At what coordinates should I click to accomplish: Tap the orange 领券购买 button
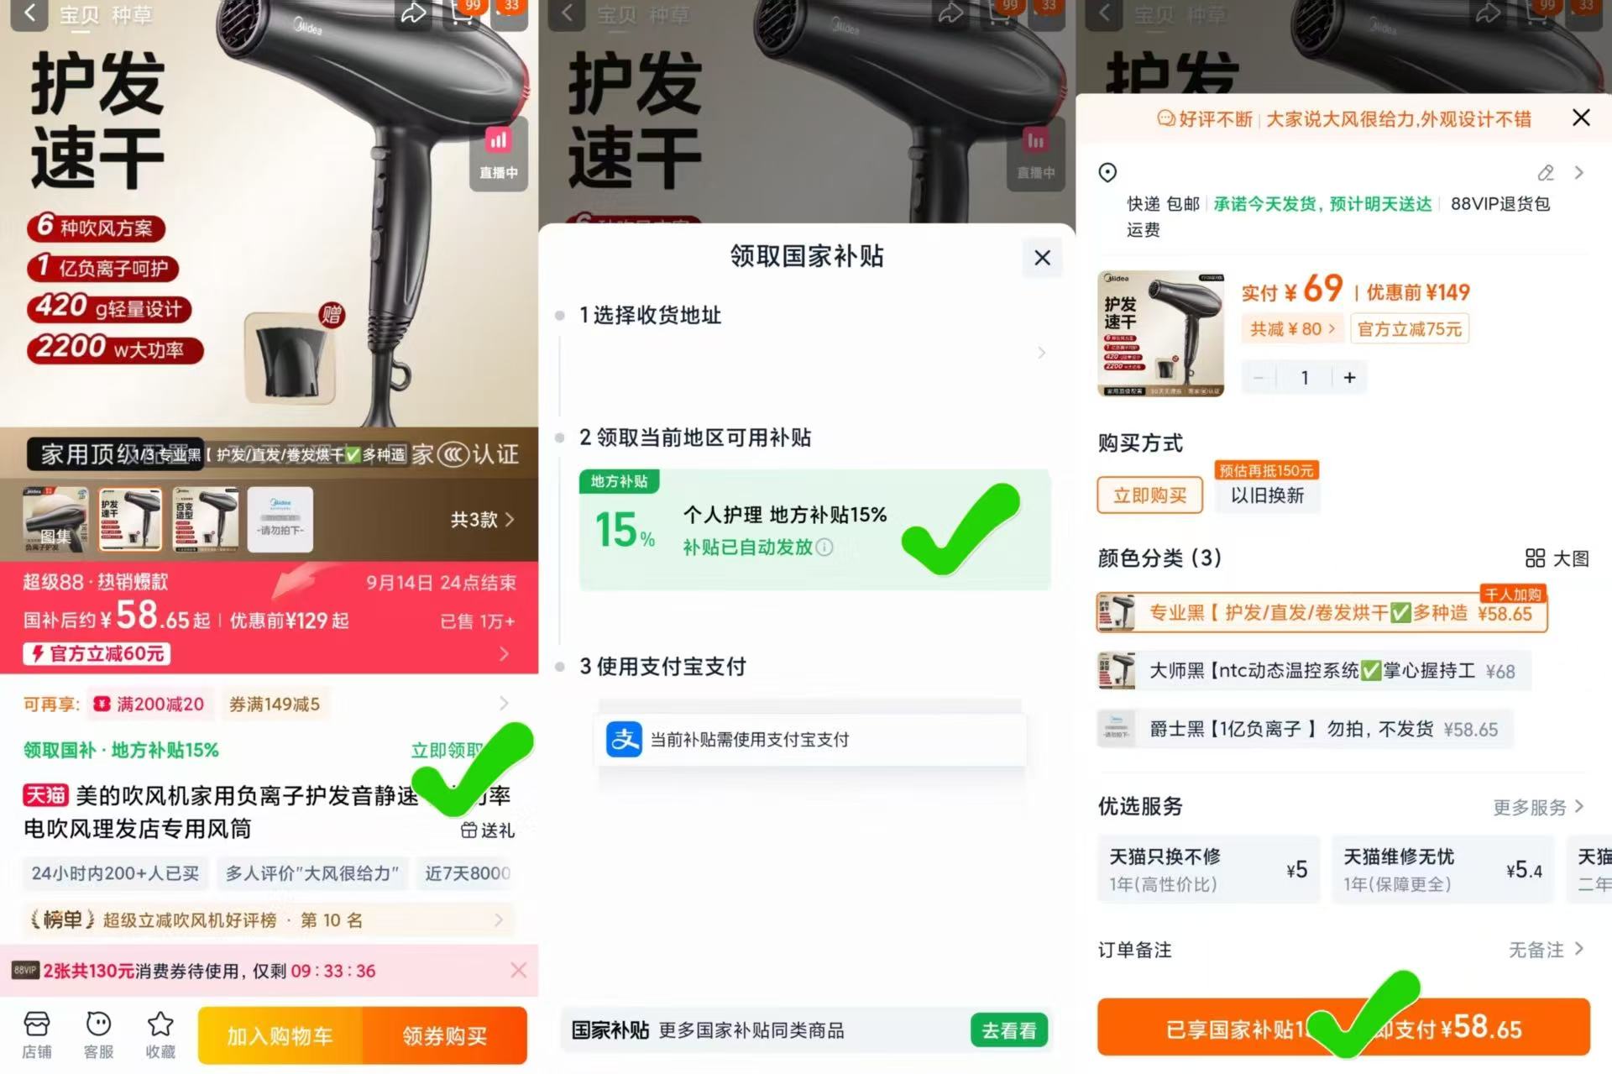444,1035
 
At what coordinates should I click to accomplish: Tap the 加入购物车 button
280,1035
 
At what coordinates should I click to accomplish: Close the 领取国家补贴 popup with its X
1042,258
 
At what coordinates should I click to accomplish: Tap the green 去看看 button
1008,1030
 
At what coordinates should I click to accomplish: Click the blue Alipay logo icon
624,739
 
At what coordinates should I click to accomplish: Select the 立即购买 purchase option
1149,495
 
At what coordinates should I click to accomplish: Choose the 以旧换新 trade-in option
1267,495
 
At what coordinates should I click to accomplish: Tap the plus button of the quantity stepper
1349,378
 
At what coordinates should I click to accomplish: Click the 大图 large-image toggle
1557,558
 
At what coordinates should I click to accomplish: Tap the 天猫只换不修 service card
1207,869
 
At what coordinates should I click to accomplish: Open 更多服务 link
1537,807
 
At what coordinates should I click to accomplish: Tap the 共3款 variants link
482,520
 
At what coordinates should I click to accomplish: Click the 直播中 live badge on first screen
498,154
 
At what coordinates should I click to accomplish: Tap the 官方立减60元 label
97,653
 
